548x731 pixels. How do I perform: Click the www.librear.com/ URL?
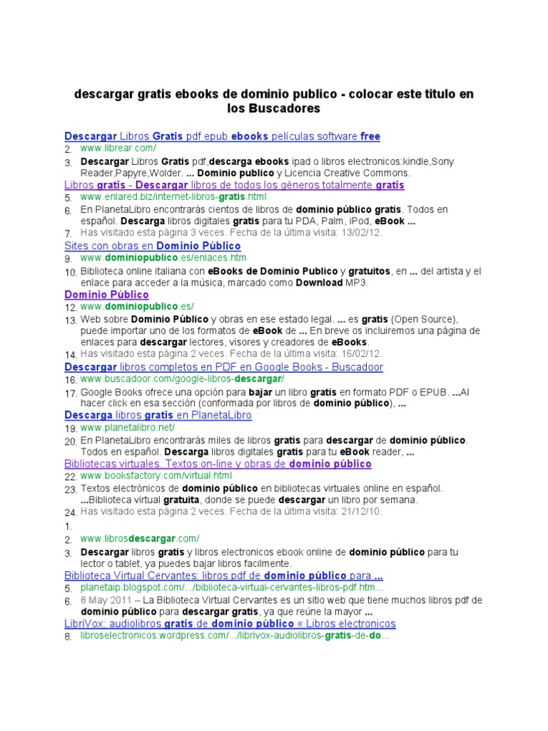(x=118, y=148)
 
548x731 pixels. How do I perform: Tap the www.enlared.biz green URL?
(x=173, y=196)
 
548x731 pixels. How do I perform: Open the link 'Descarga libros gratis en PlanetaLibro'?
(x=158, y=415)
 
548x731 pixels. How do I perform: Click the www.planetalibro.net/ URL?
(x=127, y=427)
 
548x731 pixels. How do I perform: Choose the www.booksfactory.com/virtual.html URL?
(x=156, y=475)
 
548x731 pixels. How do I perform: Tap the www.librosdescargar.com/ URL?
(x=140, y=538)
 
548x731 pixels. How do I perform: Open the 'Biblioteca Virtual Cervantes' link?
(x=224, y=575)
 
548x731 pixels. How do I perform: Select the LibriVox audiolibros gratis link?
(x=230, y=623)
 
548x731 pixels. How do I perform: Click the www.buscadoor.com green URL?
(x=182, y=378)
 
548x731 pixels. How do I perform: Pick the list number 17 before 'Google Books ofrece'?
(x=71, y=393)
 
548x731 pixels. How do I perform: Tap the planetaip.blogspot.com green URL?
(x=232, y=588)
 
